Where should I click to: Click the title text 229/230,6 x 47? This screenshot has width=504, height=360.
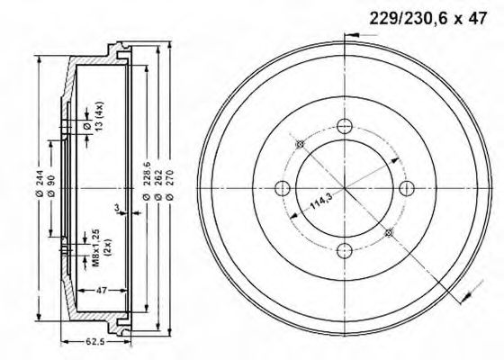(x=428, y=18)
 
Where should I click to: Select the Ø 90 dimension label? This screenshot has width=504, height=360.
(x=51, y=186)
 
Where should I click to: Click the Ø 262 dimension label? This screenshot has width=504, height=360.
(x=158, y=185)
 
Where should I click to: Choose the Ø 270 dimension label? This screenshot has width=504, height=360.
(x=170, y=185)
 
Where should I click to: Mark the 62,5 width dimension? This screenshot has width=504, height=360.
(x=95, y=341)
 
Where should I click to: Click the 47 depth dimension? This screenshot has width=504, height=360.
(x=101, y=291)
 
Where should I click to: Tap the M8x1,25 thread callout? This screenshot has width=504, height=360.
(x=101, y=247)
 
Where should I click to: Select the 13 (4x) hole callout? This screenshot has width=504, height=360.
(x=94, y=116)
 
